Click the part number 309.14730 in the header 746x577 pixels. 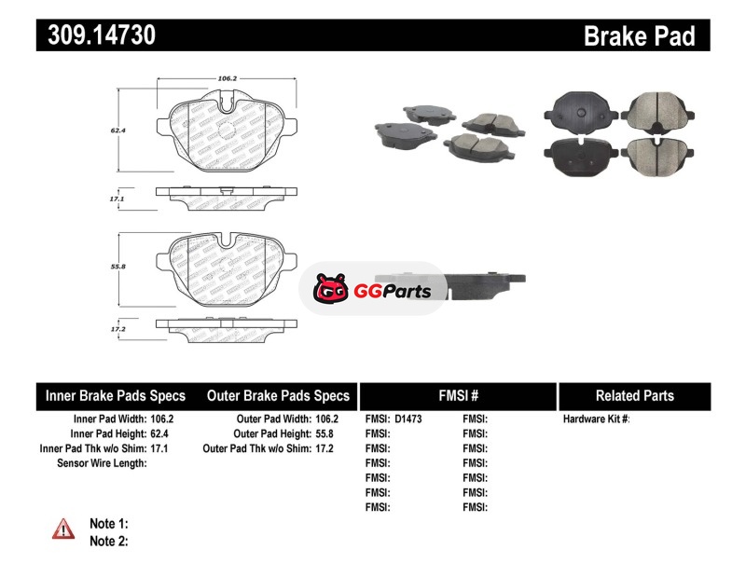102,35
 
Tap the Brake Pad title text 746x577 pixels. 639,36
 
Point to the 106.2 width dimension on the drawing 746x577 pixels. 227,78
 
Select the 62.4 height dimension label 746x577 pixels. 118,130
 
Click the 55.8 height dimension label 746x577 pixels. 118,267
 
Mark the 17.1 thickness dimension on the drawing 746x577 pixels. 117,199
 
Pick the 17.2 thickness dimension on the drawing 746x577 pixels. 118,329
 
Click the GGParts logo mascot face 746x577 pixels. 331,288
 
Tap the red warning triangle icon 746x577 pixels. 63,529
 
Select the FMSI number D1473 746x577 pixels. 408,419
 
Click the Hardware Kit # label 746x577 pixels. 596,419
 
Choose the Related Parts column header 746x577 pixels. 635,396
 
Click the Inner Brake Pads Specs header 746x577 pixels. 116,396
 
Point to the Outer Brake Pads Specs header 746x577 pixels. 278,396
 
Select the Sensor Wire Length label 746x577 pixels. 102,463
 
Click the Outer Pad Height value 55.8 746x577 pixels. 325,433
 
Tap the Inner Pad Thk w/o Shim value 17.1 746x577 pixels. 159,448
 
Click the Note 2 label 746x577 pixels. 109,542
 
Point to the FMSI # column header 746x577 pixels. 459,396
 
